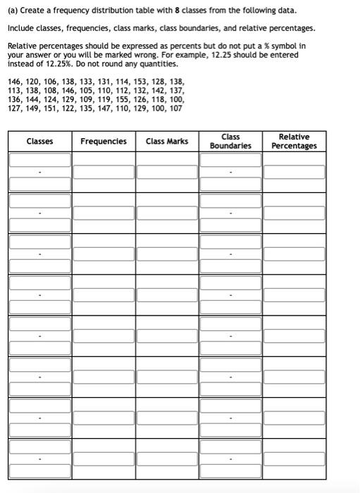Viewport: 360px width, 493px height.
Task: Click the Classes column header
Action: click(39, 142)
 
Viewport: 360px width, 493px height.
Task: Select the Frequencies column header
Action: click(104, 142)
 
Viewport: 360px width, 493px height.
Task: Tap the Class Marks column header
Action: click(167, 142)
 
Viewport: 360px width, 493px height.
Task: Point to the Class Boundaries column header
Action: click(230, 142)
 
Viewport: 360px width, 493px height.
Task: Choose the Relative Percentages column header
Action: click(294, 142)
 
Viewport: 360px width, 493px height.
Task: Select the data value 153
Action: click(136, 82)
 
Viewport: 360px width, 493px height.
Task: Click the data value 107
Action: click(174, 109)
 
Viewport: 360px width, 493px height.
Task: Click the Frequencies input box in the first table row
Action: click(104, 172)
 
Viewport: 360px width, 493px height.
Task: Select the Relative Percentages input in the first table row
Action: click(294, 172)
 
